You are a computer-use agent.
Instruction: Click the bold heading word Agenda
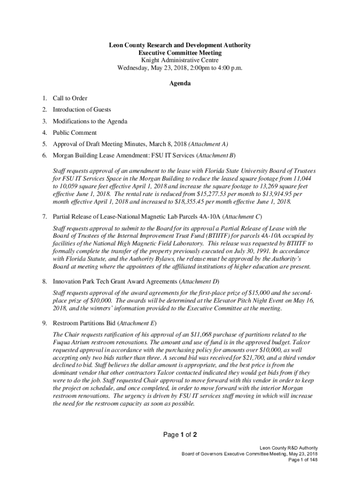[x=180, y=83]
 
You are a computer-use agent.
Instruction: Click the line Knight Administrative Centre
[x=180, y=60]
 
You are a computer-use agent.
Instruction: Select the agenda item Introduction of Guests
[x=82, y=109]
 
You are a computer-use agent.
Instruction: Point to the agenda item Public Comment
[x=75, y=133]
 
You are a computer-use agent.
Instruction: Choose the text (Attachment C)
[x=241, y=217]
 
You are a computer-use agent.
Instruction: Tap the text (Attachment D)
[x=200, y=282]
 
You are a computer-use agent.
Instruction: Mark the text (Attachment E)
[x=137, y=324]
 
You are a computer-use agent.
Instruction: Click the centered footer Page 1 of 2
[x=180, y=435]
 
